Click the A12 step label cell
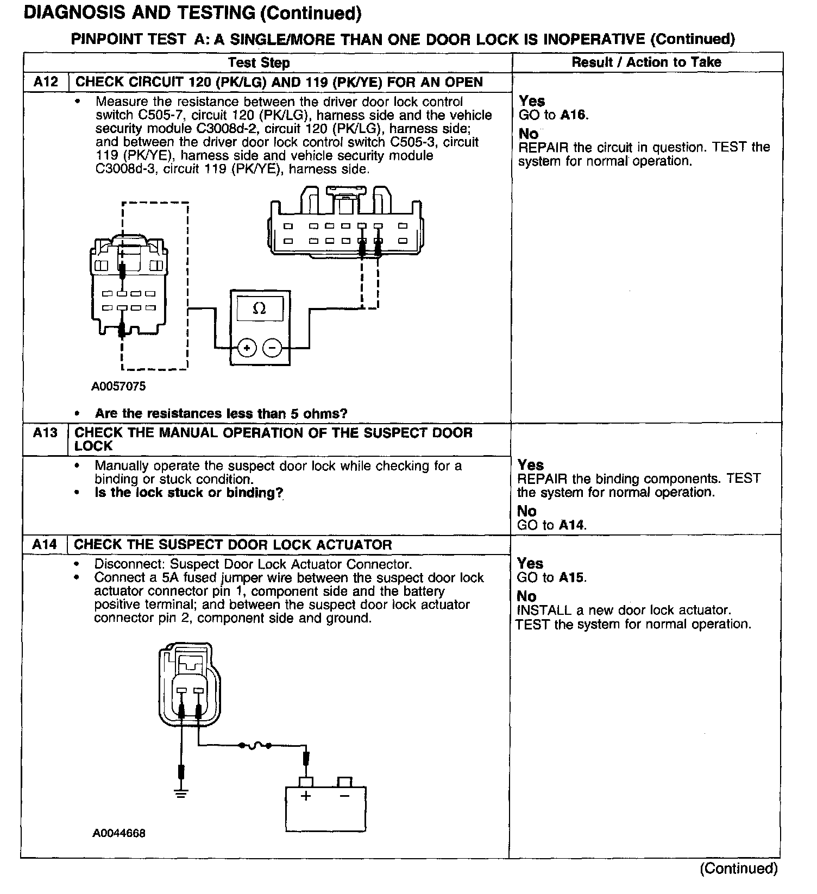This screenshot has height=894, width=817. (x=46, y=81)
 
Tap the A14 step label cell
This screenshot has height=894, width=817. (x=45, y=544)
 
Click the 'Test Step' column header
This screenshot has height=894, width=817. (x=259, y=62)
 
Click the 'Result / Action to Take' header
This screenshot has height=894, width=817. (x=646, y=62)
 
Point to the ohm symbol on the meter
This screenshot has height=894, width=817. (x=260, y=309)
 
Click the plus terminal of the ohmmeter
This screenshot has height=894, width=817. (x=247, y=348)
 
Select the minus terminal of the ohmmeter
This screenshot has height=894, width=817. (x=272, y=348)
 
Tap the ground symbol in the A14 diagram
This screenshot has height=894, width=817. (x=181, y=794)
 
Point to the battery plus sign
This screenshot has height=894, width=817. (x=306, y=796)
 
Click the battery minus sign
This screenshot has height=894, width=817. (x=344, y=796)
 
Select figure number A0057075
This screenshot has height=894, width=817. (x=118, y=386)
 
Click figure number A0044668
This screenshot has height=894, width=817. (x=118, y=833)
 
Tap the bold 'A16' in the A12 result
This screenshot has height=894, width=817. (x=574, y=115)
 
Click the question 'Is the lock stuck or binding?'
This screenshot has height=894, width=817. (x=188, y=493)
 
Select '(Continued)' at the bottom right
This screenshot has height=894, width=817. (x=739, y=868)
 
